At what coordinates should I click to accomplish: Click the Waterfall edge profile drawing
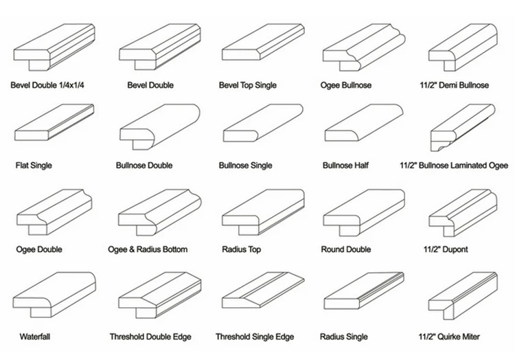tap(54, 295)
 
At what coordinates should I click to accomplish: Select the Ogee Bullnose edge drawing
tap(363, 47)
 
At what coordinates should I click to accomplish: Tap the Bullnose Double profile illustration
tap(159, 126)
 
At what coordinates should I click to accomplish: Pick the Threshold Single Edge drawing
tap(263, 291)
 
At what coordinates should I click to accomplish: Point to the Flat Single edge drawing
tap(54, 122)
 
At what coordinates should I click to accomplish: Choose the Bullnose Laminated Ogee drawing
tap(463, 128)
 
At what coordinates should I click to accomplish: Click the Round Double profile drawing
tap(364, 212)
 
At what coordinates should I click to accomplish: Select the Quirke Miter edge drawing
tap(463, 295)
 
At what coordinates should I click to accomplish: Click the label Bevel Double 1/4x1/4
tap(47, 85)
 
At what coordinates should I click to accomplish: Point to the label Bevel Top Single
tap(248, 85)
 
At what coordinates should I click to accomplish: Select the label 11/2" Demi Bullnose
tap(455, 85)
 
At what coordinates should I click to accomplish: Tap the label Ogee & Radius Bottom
tap(148, 249)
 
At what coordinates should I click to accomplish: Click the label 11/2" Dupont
tap(446, 249)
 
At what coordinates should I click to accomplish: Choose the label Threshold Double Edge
tap(150, 337)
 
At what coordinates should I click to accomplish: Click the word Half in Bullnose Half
tap(361, 165)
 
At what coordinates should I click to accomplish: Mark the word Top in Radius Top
tap(253, 249)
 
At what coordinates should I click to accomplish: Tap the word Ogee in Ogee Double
tap(24, 249)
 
